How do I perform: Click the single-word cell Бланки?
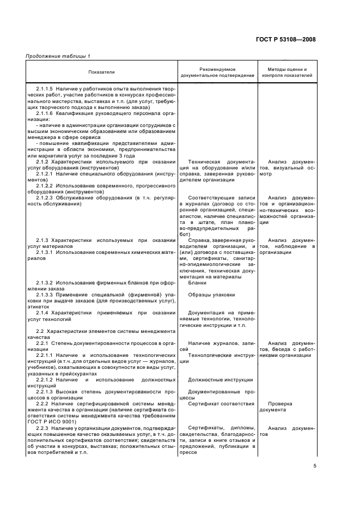[197, 283]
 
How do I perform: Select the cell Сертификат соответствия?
[221, 404]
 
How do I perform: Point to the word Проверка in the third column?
[280, 404]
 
